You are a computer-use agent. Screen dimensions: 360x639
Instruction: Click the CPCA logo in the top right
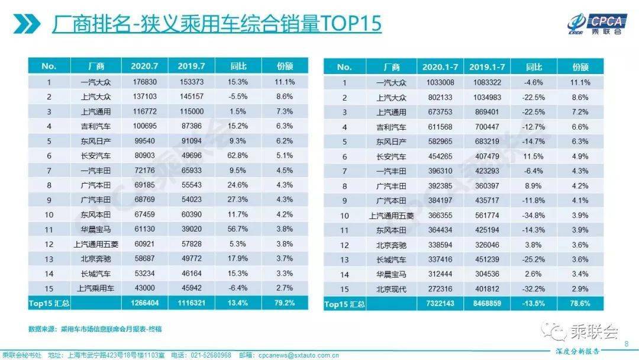595,24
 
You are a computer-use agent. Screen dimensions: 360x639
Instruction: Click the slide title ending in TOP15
217,24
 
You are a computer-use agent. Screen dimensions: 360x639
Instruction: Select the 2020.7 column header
144,66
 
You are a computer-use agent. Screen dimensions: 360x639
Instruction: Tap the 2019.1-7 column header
487,66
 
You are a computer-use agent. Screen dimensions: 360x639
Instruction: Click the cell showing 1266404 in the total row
144,304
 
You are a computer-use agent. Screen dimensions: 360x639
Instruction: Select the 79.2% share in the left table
285,304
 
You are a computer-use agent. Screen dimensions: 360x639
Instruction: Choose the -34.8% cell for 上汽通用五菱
534,216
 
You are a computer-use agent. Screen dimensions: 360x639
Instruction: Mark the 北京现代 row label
391,290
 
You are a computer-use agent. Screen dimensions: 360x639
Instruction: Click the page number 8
627,342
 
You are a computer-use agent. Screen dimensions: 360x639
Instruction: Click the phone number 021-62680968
210,355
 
